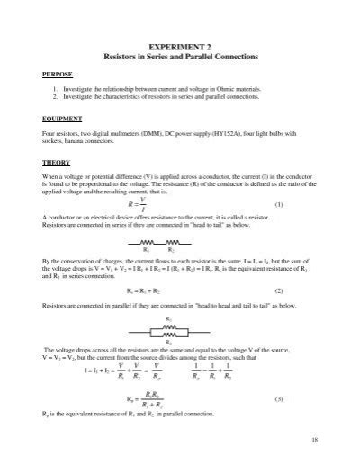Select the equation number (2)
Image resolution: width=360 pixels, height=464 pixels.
305,291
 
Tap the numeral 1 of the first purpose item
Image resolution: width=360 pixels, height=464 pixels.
55,89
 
